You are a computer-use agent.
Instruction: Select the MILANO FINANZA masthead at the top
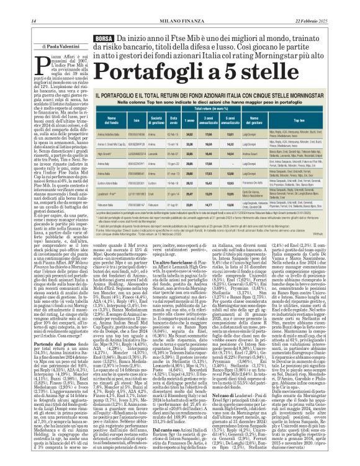(x=181, y=6)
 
